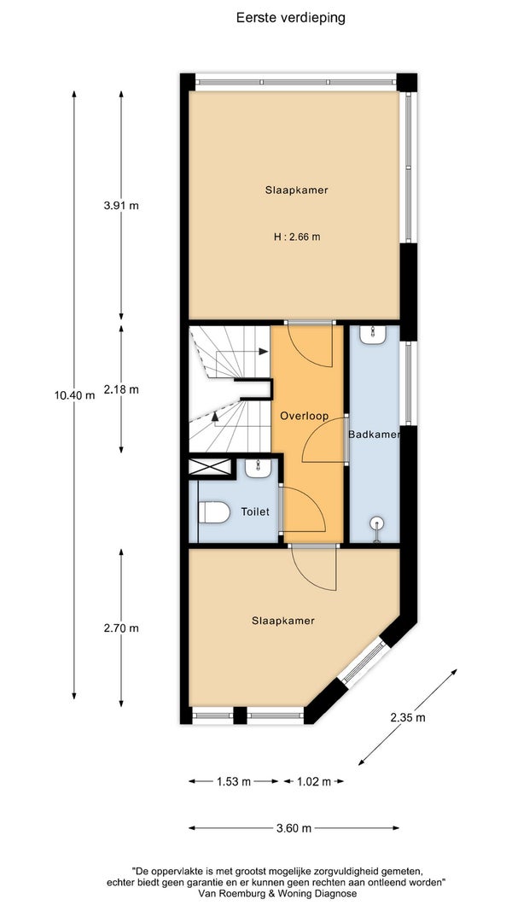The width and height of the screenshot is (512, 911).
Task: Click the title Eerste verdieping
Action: pyautogui.click(x=290, y=18)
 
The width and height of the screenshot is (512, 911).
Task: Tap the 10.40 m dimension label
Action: pyautogui.click(x=74, y=395)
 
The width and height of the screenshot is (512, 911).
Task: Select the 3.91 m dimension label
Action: pyautogui.click(x=121, y=205)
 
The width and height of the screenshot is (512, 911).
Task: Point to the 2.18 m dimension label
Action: pyautogui.click(x=121, y=389)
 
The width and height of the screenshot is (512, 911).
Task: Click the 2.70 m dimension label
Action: pyautogui.click(x=121, y=628)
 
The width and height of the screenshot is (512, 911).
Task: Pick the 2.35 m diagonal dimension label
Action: pyautogui.click(x=408, y=717)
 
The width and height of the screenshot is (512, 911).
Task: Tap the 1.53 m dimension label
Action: pyautogui.click(x=234, y=781)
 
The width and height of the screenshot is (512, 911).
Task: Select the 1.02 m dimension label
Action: pyautogui.click(x=313, y=781)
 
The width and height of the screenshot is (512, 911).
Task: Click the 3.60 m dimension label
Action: pyautogui.click(x=294, y=828)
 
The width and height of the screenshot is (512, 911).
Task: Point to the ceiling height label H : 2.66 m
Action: pyautogui.click(x=297, y=237)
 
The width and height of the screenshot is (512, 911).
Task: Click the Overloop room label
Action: pyautogui.click(x=304, y=416)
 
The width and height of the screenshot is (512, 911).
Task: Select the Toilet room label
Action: pyautogui.click(x=255, y=512)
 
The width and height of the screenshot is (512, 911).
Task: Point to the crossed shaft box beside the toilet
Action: pyautogui.click(x=210, y=468)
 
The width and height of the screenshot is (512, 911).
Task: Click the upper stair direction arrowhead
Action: pyautogui.click(x=264, y=352)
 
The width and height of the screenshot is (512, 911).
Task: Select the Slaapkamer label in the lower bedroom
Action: pyautogui.click(x=283, y=621)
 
